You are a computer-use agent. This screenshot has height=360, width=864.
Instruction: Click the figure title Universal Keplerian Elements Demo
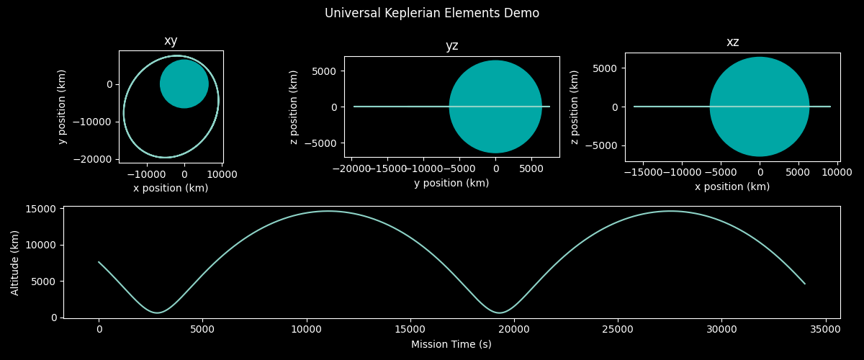(432, 13)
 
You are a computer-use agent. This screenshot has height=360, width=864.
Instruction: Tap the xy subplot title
(171, 41)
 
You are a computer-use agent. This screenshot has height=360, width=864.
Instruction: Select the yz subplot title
(451, 46)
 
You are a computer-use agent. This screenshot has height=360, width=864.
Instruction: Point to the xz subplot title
(732, 42)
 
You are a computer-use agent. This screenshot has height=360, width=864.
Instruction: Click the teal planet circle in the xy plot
(184, 84)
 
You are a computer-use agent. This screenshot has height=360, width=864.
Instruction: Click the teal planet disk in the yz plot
(495, 107)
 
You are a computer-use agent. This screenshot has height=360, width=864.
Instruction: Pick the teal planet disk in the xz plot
(760, 107)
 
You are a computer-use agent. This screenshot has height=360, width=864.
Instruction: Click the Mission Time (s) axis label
(451, 344)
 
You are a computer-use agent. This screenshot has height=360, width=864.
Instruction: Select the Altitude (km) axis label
(15, 262)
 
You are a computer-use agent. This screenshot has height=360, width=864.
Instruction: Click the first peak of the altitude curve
(328, 211)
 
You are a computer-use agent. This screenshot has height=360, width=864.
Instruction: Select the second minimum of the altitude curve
(499, 312)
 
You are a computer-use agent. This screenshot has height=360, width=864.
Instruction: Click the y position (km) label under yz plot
(451, 184)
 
